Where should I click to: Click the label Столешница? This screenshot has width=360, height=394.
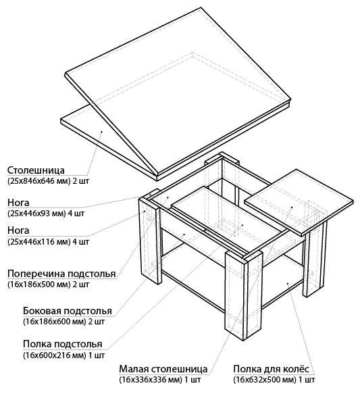tap(36, 170)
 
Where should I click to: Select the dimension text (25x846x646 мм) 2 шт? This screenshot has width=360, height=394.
tap(48, 181)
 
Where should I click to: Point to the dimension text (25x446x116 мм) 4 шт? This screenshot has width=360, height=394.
tap(48, 242)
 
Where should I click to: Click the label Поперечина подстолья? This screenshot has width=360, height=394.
tap(61, 274)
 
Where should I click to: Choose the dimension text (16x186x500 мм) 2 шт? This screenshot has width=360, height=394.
tap(48, 285)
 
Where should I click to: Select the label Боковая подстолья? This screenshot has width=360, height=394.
tap(68, 311)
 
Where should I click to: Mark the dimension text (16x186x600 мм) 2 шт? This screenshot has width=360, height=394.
tap(63, 322)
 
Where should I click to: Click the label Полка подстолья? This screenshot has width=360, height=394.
tap(63, 344)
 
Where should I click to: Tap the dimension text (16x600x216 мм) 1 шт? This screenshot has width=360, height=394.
tap(63, 355)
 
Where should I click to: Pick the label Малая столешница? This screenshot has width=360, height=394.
tap(163, 369)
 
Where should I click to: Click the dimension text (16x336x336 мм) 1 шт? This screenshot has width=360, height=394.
tap(160, 379)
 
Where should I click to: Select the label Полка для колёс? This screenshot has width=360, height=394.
tap(271, 369)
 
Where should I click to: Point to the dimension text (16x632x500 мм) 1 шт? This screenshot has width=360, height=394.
tap(274, 379)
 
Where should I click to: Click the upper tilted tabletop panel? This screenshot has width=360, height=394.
tap(178, 93)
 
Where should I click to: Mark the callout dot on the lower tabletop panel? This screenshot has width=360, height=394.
tap(102, 131)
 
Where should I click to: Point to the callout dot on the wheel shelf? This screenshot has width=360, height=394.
tap(288, 283)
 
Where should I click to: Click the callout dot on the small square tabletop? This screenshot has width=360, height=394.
tap(292, 207)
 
